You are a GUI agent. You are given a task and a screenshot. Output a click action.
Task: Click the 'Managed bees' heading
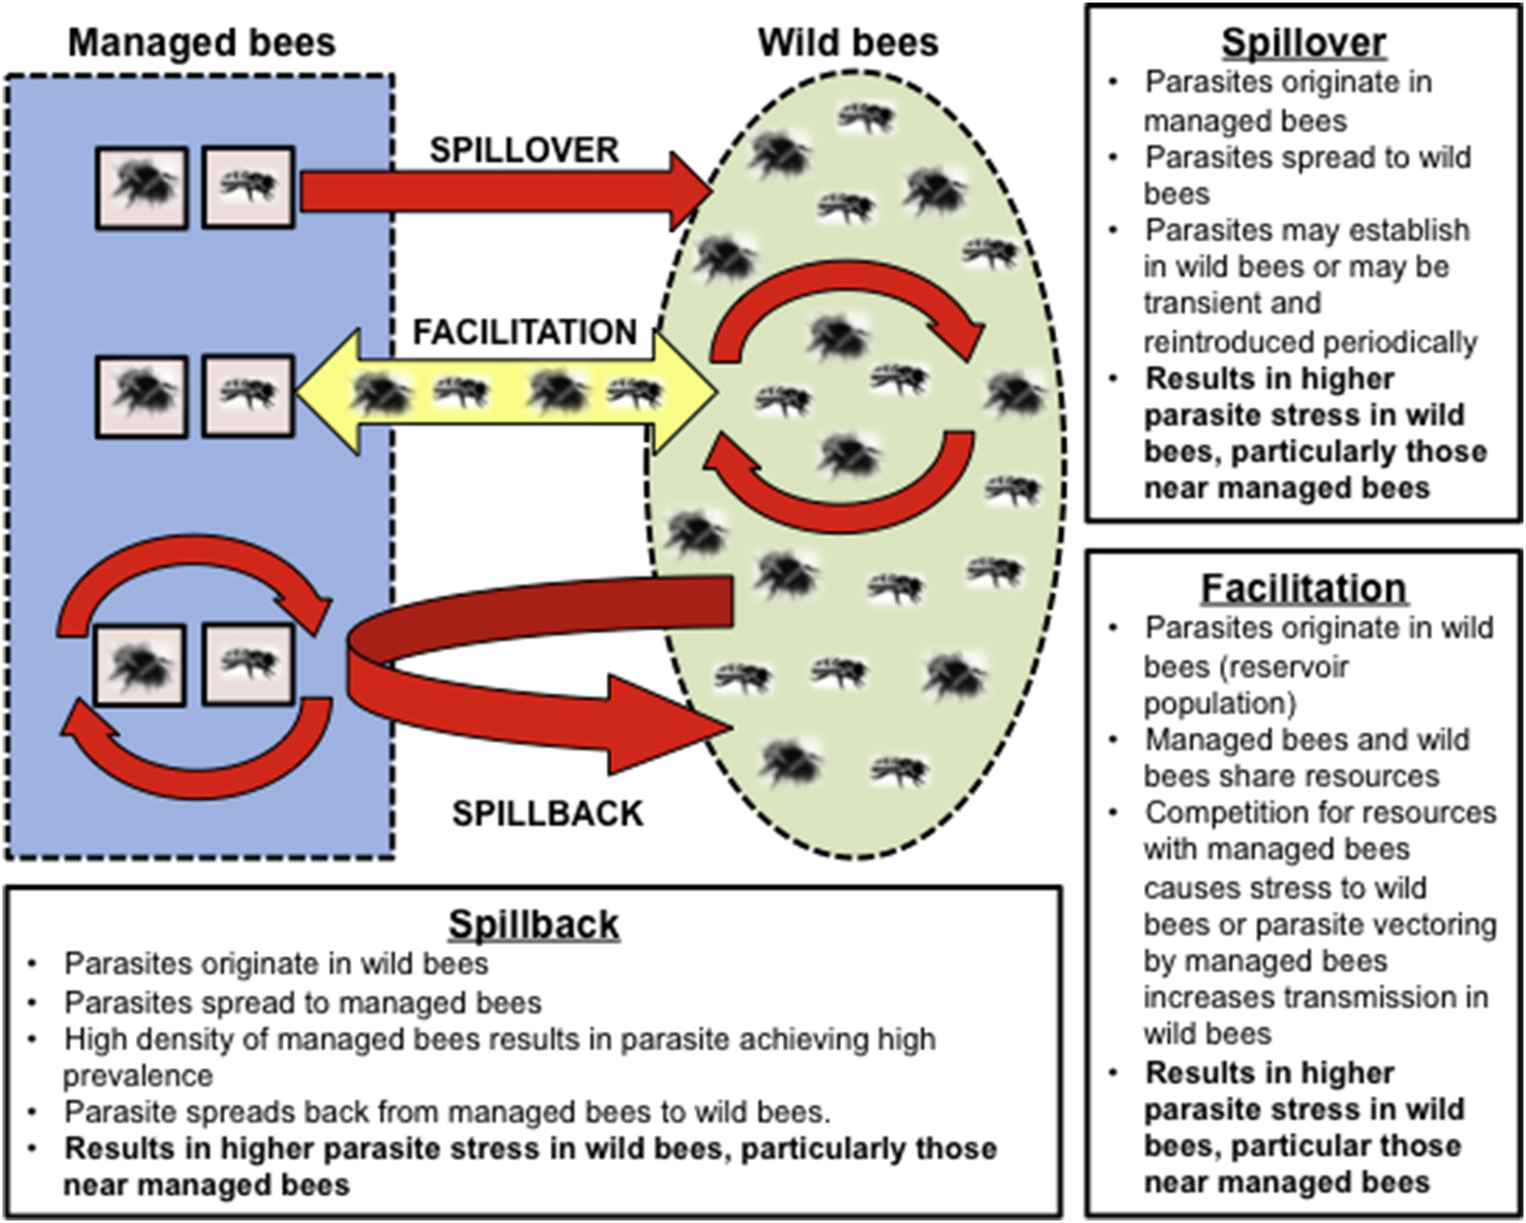point(202,43)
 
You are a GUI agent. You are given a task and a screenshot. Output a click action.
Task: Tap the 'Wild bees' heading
point(848,43)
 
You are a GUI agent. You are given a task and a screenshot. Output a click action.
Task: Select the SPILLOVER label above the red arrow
point(525,150)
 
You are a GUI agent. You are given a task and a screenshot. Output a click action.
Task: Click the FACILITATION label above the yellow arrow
point(525,332)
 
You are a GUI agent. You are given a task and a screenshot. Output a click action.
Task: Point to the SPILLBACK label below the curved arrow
point(547,814)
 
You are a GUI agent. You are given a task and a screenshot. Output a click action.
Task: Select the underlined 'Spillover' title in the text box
point(1304,43)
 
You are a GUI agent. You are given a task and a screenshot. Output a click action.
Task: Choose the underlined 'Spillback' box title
point(534,924)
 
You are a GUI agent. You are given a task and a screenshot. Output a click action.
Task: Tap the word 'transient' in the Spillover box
point(1232,304)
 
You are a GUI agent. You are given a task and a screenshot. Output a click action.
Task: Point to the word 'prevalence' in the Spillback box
point(138,1076)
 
